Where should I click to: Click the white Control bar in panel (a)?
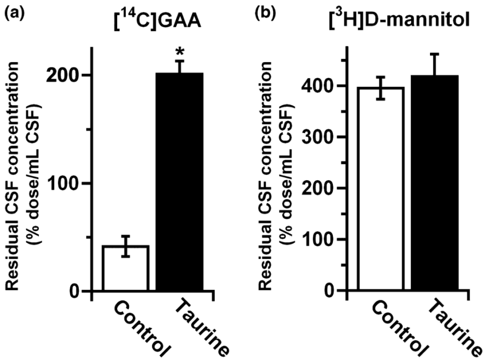125,268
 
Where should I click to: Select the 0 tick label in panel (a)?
73,291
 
